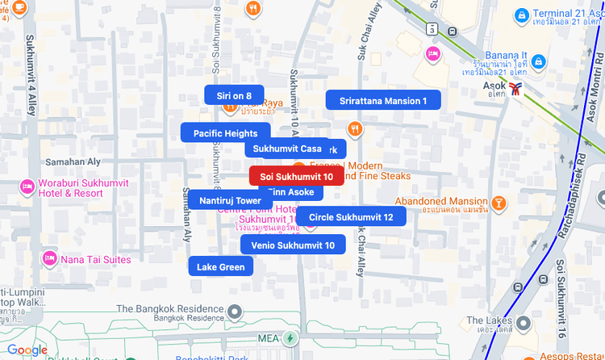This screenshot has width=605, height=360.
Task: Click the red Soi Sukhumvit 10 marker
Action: click(296, 176)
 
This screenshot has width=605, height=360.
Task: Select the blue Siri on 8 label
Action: click(234, 95)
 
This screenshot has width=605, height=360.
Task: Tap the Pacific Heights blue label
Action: click(225, 133)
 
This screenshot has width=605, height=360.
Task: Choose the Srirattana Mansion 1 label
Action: click(383, 101)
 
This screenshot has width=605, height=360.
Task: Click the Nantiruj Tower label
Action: click(230, 200)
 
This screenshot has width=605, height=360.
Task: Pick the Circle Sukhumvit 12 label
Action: click(351, 216)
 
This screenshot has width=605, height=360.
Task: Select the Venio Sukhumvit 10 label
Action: click(292, 245)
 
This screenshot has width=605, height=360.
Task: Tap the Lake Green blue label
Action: click(220, 266)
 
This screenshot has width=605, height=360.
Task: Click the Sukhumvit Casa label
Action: click(287, 149)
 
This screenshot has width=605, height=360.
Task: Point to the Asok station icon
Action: click(516, 84)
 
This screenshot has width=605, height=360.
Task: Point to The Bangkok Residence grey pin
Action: click(235, 311)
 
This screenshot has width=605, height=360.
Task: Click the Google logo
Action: click(27, 350)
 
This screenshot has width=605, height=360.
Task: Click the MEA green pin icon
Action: click(290, 337)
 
